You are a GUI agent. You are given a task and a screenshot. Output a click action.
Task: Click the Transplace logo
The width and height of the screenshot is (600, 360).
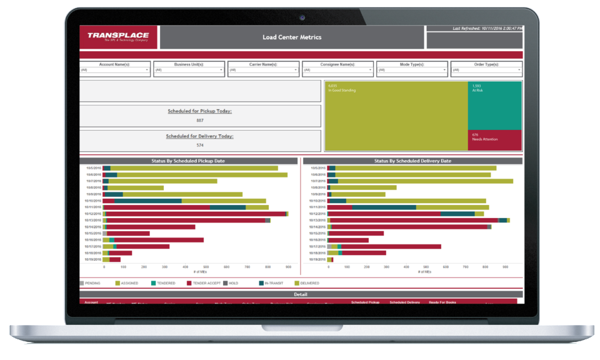(x=118, y=36)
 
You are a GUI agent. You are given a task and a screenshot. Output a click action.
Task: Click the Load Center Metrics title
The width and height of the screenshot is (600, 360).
(x=292, y=37)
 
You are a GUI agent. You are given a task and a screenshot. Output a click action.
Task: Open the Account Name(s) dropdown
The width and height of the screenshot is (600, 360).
(x=116, y=70)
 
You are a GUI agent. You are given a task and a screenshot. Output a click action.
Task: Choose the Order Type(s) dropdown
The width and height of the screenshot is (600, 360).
(x=486, y=70)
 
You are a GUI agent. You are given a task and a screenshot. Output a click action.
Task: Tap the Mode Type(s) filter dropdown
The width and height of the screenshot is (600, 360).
(x=412, y=70)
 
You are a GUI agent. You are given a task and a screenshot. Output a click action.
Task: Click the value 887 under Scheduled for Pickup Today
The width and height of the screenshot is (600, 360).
(x=200, y=120)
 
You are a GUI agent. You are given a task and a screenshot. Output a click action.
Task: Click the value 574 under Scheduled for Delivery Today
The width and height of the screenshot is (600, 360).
(x=200, y=145)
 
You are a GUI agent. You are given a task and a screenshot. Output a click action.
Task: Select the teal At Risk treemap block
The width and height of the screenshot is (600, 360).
(x=495, y=105)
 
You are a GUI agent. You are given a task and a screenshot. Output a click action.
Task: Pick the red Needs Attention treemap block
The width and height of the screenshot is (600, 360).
(x=495, y=140)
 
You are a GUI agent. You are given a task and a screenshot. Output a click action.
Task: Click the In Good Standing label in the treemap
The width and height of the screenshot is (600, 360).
(x=342, y=91)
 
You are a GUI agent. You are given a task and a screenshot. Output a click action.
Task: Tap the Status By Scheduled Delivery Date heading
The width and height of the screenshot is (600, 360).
(x=412, y=161)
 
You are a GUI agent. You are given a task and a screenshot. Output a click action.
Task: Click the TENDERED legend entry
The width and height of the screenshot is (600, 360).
(x=166, y=283)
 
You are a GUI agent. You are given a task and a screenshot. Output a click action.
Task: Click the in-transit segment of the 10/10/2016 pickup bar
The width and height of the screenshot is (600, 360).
(x=148, y=201)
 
